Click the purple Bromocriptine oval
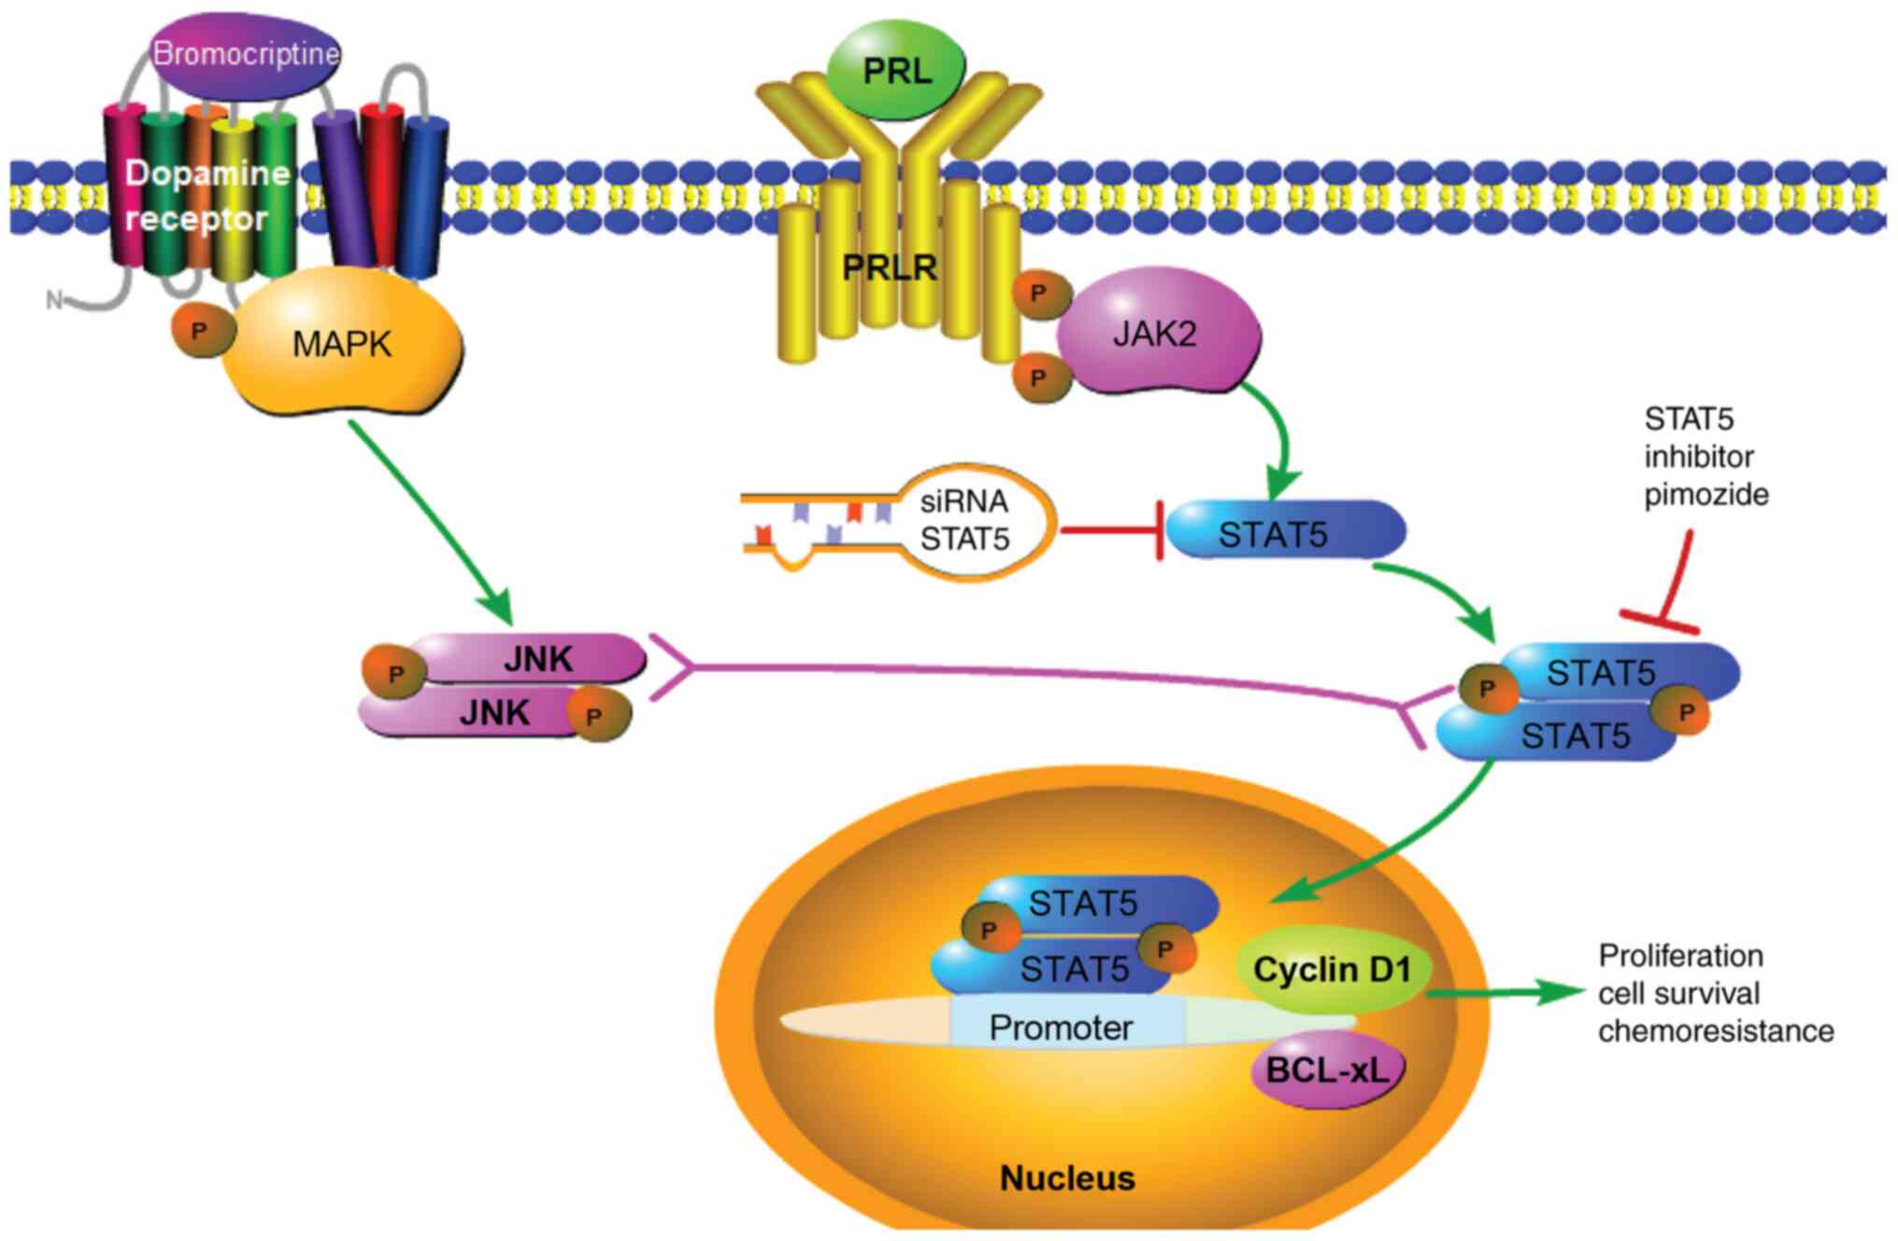pos(245,53)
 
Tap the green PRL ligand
pos(896,70)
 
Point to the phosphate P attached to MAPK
pos(199,330)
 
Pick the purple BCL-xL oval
pos(1328,1070)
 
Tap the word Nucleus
pos(1067,1178)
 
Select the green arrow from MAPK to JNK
pos(431,522)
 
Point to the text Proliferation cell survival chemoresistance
pos(1715,992)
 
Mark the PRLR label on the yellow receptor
pos(889,267)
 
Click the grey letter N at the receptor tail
pos(54,300)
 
